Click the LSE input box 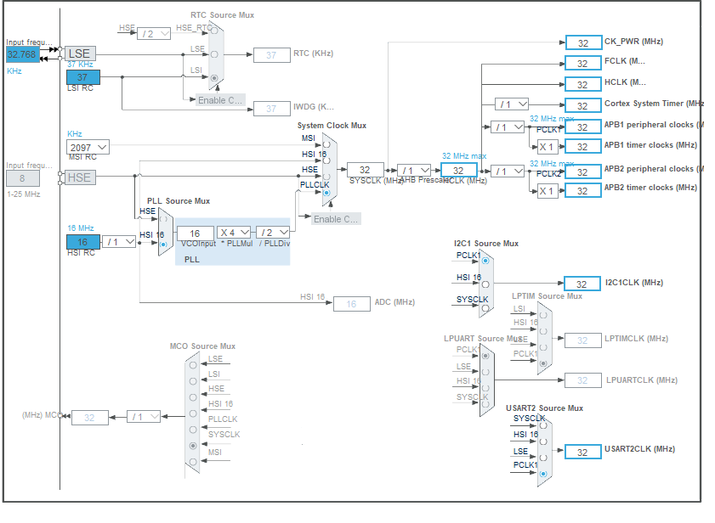(x=79, y=53)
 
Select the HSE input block (x=79, y=177)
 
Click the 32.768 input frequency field (x=21, y=54)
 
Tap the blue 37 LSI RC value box (x=82, y=77)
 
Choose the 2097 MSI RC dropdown (x=88, y=147)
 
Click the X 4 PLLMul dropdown (x=234, y=233)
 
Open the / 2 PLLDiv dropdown (x=271, y=233)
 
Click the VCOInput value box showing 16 (x=195, y=233)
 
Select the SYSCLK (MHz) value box (x=365, y=170)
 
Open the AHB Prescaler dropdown (x=414, y=170)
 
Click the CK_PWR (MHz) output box (x=582, y=42)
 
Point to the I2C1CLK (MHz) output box (x=582, y=284)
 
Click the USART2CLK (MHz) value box (x=582, y=452)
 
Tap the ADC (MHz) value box (x=350, y=303)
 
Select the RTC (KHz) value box (x=270, y=55)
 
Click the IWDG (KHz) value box (x=270, y=108)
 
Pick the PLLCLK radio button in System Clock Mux (x=326, y=193)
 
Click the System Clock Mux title (x=332, y=126)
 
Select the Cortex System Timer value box (x=582, y=105)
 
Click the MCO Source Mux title (x=202, y=346)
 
